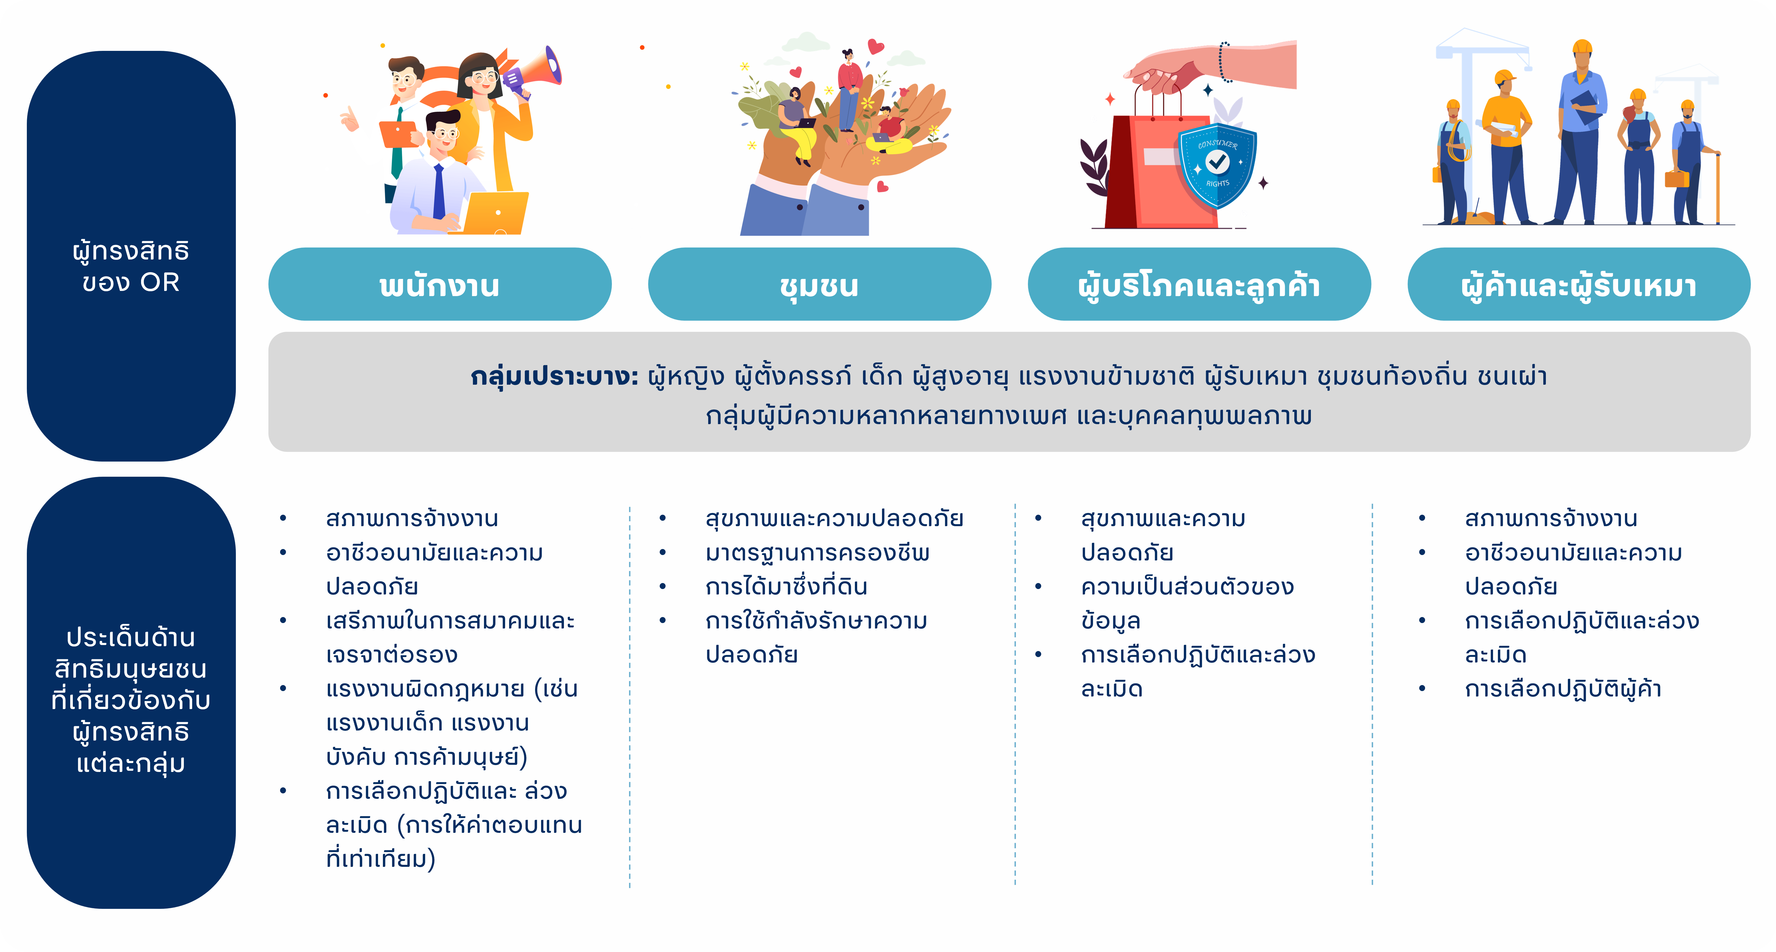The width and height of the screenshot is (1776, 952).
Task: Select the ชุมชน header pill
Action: pos(819,284)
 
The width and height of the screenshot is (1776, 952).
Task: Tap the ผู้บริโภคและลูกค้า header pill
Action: pos(1199,284)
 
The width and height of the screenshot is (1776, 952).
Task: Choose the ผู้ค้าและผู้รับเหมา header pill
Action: pos(1579,284)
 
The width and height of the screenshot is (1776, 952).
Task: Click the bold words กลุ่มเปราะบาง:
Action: pos(554,377)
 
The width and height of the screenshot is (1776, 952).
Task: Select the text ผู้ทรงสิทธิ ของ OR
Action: pos(131,266)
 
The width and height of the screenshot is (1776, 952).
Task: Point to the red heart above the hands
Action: pos(876,46)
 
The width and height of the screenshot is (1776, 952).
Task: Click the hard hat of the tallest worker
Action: pos(1583,47)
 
